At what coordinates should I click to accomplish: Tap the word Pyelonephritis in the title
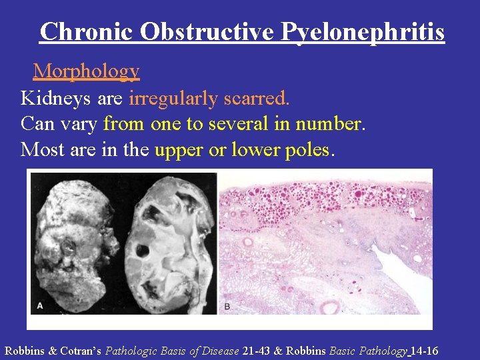pyautogui.click(x=363, y=31)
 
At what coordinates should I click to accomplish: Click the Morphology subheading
pyautogui.click(x=86, y=71)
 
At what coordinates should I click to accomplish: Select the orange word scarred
pyautogui.click(x=256, y=99)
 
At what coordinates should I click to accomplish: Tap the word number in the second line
pyautogui.click(x=329, y=124)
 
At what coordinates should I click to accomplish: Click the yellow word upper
pyautogui.click(x=179, y=149)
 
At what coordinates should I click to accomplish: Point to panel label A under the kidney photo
pyautogui.click(x=39, y=306)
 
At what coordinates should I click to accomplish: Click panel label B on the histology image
pyautogui.click(x=227, y=306)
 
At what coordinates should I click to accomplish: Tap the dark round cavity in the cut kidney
pyautogui.click(x=142, y=252)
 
